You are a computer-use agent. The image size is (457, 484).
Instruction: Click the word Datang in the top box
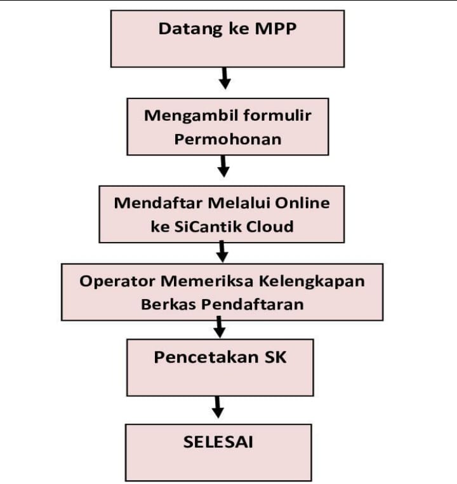point(190,29)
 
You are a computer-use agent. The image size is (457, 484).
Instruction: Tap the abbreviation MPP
point(275,29)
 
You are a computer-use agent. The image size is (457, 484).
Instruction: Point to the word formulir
point(277,115)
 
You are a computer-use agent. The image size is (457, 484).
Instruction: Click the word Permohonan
point(228,139)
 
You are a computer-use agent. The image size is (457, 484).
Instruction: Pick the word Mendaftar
point(158,203)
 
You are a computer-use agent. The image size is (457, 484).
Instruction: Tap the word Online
point(302,203)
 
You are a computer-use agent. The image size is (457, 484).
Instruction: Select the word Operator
point(117,281)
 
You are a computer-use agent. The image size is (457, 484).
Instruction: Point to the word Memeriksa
point(207,281)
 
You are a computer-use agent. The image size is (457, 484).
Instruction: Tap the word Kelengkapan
point(312,281)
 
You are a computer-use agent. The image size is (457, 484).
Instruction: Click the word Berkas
point(168,304)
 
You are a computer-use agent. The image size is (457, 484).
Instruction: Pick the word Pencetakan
point(206,357)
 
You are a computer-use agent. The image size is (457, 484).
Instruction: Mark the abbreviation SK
point(275,357)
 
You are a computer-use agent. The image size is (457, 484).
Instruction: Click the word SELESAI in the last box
point(218,441)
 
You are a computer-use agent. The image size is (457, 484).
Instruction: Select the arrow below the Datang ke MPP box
point(225,78)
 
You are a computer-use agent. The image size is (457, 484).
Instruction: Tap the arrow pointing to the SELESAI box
point(218,407)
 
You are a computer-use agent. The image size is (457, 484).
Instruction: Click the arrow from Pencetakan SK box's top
point(219,327)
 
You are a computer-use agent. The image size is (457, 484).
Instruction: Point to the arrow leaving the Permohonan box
point(223,166)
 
